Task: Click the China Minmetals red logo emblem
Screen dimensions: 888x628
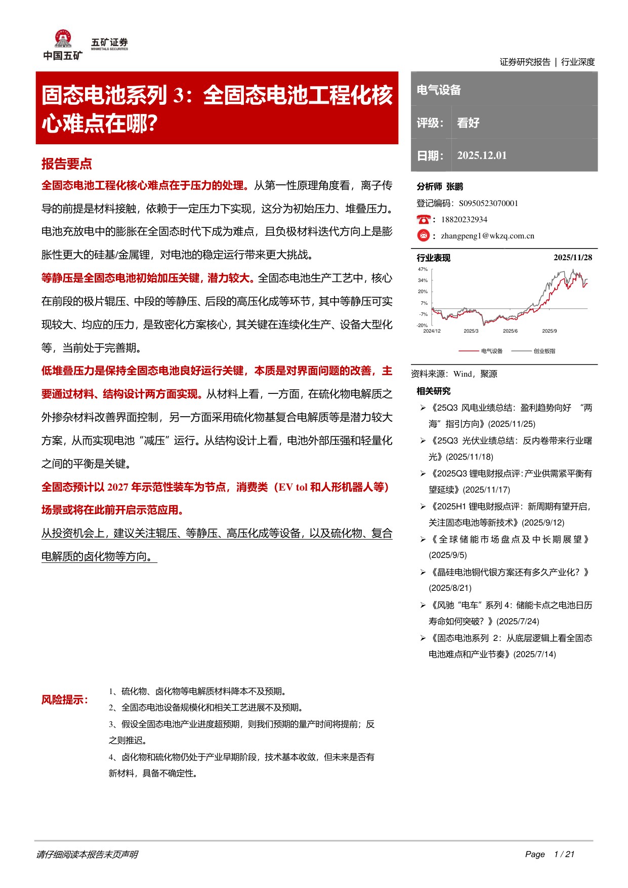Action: point(63,38)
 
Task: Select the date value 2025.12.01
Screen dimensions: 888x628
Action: point(482,155)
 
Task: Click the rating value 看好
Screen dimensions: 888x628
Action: point(468,123)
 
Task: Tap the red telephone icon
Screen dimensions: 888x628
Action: point(423,219)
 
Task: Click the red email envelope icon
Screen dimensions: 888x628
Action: point(423,235)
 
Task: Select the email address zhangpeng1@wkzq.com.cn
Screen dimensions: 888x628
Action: point(487,236)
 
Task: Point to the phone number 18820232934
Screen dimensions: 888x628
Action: point(464,220)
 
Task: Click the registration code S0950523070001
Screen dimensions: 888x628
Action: point(488,204)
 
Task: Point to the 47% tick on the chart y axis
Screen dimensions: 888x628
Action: point(423,269)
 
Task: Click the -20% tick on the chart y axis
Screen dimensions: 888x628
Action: point(423,325)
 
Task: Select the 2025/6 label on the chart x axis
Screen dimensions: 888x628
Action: point(510,331)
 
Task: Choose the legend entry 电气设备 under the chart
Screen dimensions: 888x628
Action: point(491,351)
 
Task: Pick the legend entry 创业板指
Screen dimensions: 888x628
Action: point(544,351)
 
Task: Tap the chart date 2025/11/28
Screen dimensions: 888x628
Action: point(573,258)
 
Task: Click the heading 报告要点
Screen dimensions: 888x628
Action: point(67,164)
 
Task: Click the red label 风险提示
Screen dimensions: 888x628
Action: point(64,700)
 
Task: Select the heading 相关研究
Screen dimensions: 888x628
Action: point(433,391)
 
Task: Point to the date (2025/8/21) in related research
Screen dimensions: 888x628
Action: point(450,588)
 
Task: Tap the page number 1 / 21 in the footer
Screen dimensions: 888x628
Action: point(564,854)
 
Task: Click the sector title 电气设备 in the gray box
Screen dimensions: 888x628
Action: point(439,90)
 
